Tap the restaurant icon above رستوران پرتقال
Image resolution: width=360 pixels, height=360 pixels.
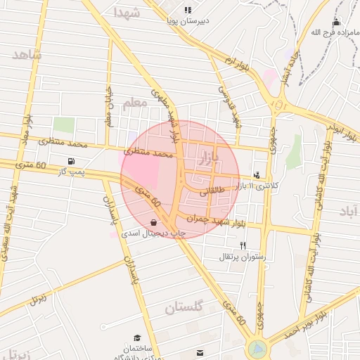tap(243, 245)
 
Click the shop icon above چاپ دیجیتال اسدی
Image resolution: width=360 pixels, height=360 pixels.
tap(153, 222)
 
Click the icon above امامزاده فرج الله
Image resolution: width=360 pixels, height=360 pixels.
tap(336, 22)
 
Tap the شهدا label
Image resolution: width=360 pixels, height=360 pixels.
tap(127, 13)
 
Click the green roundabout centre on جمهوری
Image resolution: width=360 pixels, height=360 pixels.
tap(257, 348)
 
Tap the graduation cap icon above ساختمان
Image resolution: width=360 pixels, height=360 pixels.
tap(137, 338)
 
